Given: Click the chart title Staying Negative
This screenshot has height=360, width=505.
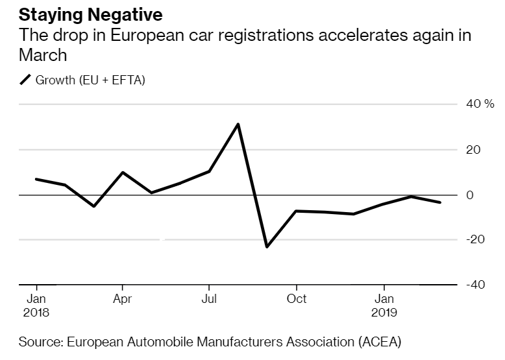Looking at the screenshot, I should coord(91,14).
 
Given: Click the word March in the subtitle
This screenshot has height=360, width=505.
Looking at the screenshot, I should coord(43,55).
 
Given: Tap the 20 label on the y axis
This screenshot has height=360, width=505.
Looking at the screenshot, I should coord(474,150).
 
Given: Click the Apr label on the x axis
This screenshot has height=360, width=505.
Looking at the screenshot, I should coord(122,299).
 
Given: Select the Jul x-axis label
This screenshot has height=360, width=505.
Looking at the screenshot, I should coord(208,299).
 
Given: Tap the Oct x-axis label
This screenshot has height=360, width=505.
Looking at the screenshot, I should coord(297,299).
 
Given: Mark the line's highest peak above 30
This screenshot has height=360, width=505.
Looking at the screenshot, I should coord(238,124).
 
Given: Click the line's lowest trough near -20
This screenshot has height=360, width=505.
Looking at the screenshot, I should coord(267,246).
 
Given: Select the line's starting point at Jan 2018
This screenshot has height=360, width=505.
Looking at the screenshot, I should coord(36,179).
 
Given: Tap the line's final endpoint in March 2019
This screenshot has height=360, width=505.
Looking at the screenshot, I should coord(441,202).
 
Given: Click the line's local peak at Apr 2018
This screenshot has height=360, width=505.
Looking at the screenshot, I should coord(123,173).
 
